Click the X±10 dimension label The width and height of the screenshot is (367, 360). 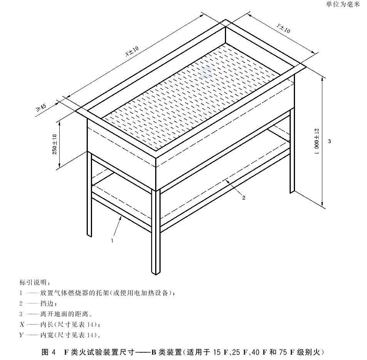(x=132, y=52)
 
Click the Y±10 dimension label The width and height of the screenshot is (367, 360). (x=283, y=28)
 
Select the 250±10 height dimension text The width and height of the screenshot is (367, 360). (x=55, y=144)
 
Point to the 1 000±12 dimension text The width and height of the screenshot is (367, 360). (x=317, y=142)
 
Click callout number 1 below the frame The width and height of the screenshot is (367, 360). (x=112, y=240)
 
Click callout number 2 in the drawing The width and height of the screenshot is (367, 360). (x=244, y=198)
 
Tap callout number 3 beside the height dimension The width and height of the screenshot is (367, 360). (x=330, y=141)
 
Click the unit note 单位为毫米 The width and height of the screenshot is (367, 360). (x=343, y=4)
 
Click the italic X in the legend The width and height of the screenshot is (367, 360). (x=22, y=325)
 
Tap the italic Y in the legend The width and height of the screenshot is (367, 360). (x=22, y=335)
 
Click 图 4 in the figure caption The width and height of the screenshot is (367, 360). (x=49, y=352)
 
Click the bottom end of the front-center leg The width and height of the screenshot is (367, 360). (x=156, y=274)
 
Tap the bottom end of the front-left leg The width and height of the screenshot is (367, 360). (x=89, y=236)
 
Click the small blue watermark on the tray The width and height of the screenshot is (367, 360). (x=206, y=72)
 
